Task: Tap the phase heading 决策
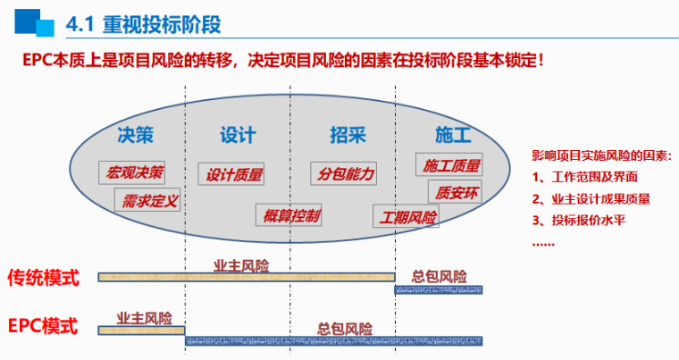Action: tap(136, 136)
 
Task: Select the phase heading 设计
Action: tap(238, 136)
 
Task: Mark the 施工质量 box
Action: tap(449, 164)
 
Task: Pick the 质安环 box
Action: tap(456, 191)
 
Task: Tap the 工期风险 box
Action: tap(407, 217)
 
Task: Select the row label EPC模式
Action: tap(44, 325)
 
